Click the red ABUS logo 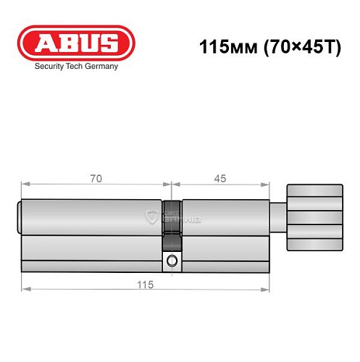[x=75, y=43]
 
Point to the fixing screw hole [x=172, y=261]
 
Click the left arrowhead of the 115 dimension [x=24, y=290]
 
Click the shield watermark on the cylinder [x=151, y=216]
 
